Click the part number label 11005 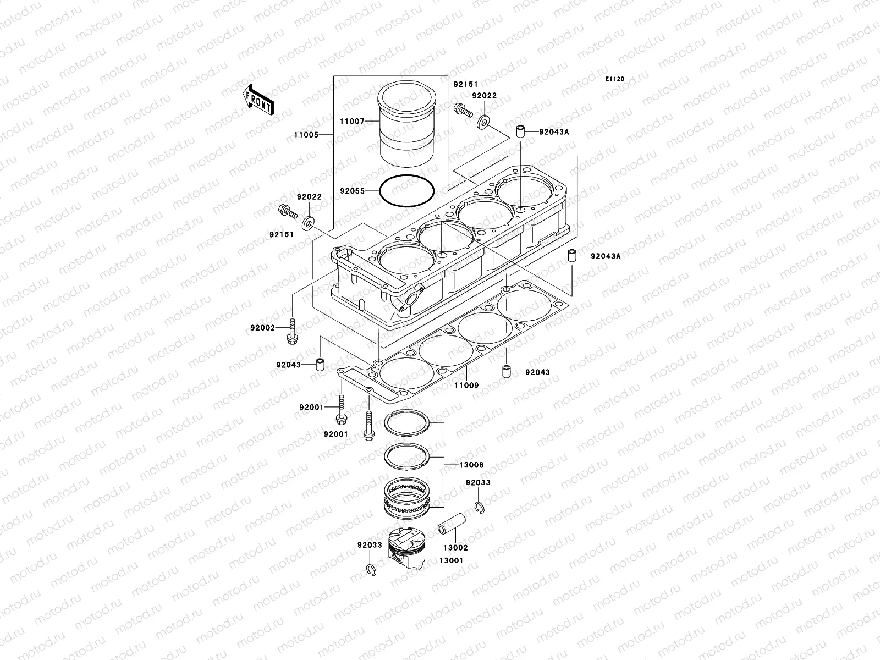tap(305, 134)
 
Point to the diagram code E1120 tap(615, 79)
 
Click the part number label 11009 tap(466, 386)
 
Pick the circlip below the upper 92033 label tap(479, 507)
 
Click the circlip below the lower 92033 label tap(371, 571)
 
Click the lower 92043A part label tap(606, 256)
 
